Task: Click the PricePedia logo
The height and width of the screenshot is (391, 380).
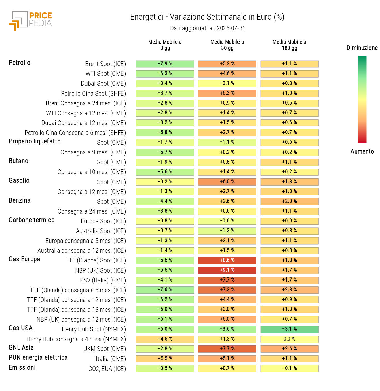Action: [x=30, y=21]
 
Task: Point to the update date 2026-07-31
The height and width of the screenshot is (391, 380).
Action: [x=231, y=28]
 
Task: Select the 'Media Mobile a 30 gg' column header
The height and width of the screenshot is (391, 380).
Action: [x=227, y=45]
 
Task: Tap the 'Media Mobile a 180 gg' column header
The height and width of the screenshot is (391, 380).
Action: [x=289, y=45]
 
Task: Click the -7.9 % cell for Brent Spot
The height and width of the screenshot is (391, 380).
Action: [x=165, y=64]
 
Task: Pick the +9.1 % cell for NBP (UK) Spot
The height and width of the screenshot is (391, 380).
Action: [x=227, y=270]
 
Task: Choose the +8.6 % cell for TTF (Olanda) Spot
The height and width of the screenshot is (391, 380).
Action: [x=227, y=260]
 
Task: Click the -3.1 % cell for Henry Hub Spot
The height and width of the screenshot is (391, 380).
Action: [x=289, y=329]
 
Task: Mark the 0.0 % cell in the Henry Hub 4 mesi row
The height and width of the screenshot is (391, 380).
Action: [x=289, y=339]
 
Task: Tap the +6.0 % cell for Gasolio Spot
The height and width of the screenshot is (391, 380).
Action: [x=227, y=182]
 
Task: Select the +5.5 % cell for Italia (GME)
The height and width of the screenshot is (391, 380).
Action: [x=165, y=358]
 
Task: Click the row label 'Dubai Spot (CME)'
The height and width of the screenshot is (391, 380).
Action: [x=103, y=83]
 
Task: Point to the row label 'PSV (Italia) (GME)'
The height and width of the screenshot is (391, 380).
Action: [x=103, y=280]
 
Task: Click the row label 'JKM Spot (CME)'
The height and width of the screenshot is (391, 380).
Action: [x=105, y=349]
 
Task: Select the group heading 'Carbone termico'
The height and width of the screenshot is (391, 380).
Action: [x=31, y=220]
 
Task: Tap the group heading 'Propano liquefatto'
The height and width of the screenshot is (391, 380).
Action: [x=35, y=141]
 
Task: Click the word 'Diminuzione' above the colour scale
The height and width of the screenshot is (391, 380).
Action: [x=362, y=48]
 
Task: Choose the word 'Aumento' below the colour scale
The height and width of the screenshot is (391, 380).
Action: [x=362, y=151]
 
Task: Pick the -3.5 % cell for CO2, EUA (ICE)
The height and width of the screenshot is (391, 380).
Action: [x=165, y=368]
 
